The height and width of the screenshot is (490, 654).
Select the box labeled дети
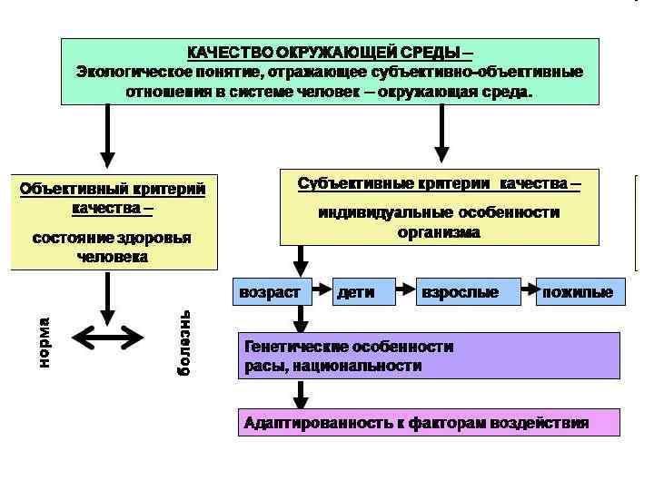(363, 292)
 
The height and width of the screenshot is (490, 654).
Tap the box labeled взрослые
(468, 292)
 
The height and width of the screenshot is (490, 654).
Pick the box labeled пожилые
(580, 292)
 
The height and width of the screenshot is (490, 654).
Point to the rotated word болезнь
(183, 344)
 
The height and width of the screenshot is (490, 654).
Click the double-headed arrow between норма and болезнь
(108, 338)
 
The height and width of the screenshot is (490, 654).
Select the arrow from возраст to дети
(322, 292)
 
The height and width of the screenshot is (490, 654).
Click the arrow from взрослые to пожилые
(528, 292)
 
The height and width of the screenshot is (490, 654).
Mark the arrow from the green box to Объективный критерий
(108, 136)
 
